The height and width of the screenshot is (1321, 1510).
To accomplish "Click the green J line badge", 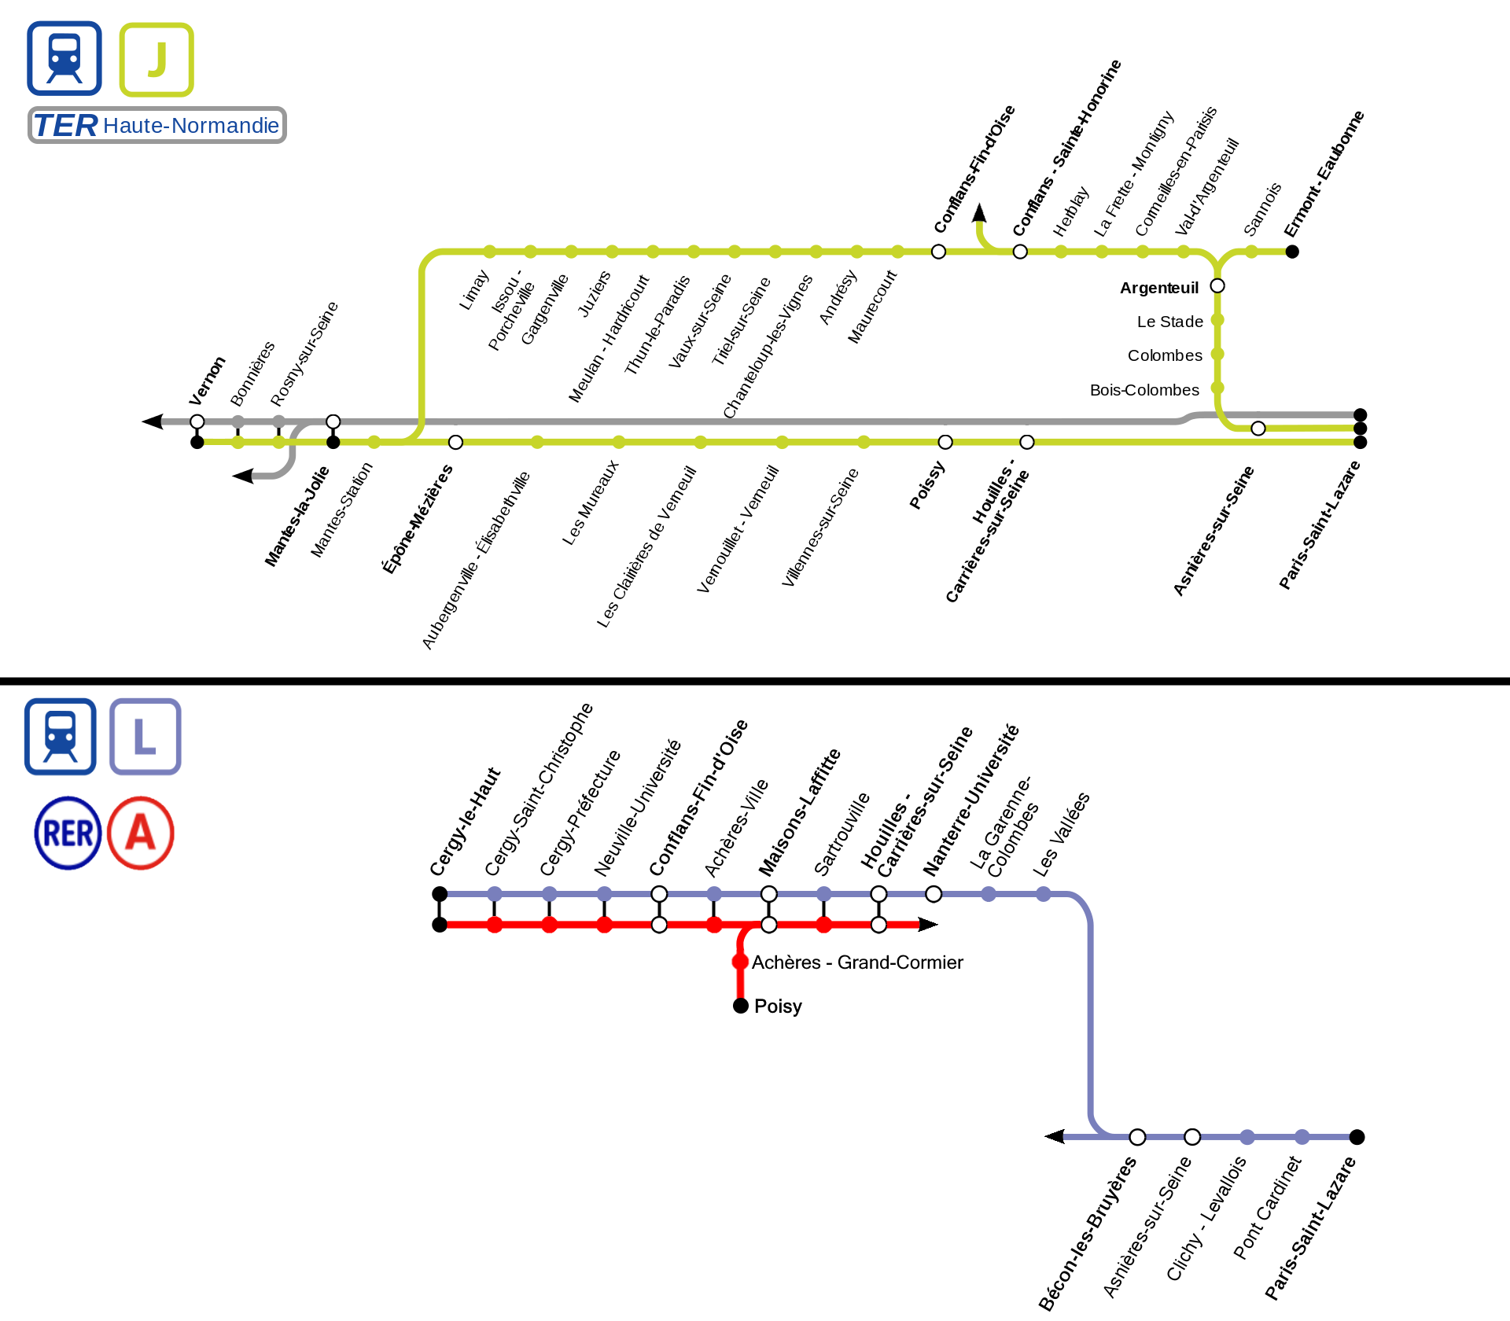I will point(157,60).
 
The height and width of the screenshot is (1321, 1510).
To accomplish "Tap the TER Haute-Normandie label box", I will point(157,126).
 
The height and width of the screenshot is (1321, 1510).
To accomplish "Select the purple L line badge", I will point(145,737).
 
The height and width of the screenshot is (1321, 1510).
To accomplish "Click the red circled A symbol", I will point(141,833).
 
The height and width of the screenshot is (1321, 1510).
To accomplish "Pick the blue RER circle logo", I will point(68,833).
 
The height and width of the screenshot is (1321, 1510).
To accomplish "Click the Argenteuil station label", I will point(1158,288).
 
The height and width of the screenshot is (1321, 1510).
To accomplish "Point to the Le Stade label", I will point(1169,322).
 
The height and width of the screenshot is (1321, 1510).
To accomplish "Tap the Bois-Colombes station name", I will point(1144,390).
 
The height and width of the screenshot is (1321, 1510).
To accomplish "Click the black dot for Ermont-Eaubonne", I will point(1292,252).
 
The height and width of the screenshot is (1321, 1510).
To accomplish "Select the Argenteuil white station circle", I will point(1217,285).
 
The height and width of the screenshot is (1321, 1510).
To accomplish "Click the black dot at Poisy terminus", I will point(740,1006).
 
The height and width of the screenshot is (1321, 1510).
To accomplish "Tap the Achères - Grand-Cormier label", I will point(857,962).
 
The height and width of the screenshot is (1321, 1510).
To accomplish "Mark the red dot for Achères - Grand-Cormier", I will point(740,962).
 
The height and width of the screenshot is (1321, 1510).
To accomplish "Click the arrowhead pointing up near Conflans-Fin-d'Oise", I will point(979,212).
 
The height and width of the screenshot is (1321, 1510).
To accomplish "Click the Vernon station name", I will point(207,381).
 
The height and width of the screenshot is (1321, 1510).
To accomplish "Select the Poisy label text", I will point(778,1006).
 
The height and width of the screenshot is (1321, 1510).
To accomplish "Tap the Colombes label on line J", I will point(1165,355).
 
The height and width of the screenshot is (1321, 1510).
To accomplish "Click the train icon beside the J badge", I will point(64,59).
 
